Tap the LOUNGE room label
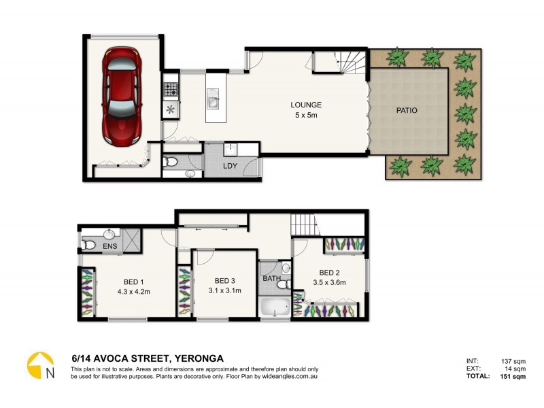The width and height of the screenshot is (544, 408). coord(305,105)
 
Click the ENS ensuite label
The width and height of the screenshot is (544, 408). coord(109,245)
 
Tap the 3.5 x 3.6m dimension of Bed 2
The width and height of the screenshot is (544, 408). coord(329,283)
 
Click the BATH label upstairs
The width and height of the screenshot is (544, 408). coord(271,277)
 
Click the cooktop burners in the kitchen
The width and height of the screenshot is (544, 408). coord(169,88)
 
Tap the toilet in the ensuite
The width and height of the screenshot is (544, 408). coord(88,245)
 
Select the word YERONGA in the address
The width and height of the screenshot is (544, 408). coord(199,358)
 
